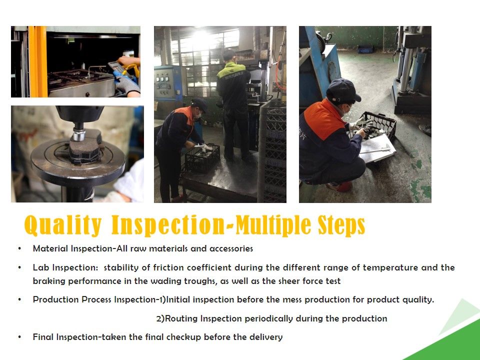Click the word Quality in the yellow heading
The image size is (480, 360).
tap(63, 225)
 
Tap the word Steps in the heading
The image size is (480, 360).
tap(341, 225)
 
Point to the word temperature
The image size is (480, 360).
tap(390, 268)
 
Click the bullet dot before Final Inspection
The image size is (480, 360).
tap(19, 337)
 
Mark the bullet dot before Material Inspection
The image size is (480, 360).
tap(19, 248)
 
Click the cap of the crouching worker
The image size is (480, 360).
tap(343, 90)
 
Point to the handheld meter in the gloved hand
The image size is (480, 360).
tap(116, 67)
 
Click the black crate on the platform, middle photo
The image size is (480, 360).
tap(202, 159)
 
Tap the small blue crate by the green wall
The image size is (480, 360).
tap(365, 49)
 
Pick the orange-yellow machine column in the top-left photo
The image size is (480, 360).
tap(37, 61)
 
